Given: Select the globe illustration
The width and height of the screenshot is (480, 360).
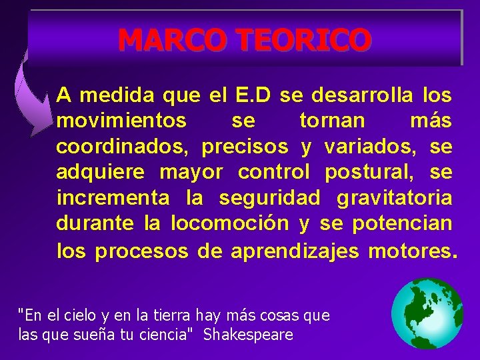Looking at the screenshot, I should pyautogui.click(x=427, y=313).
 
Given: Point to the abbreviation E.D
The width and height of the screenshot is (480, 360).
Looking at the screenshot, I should pyautogui.click(x=253, y=95).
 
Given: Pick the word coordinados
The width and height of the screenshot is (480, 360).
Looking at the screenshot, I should pyautogui.click(x=122, y=146).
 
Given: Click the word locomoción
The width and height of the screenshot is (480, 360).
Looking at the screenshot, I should pyautogui.click(x=230, y=223).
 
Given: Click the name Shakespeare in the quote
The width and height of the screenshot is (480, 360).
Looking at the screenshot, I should pyautogui.click(x=248, y=334).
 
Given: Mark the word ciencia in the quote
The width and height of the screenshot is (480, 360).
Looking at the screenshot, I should pyautogui.click(x=157, y=334).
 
